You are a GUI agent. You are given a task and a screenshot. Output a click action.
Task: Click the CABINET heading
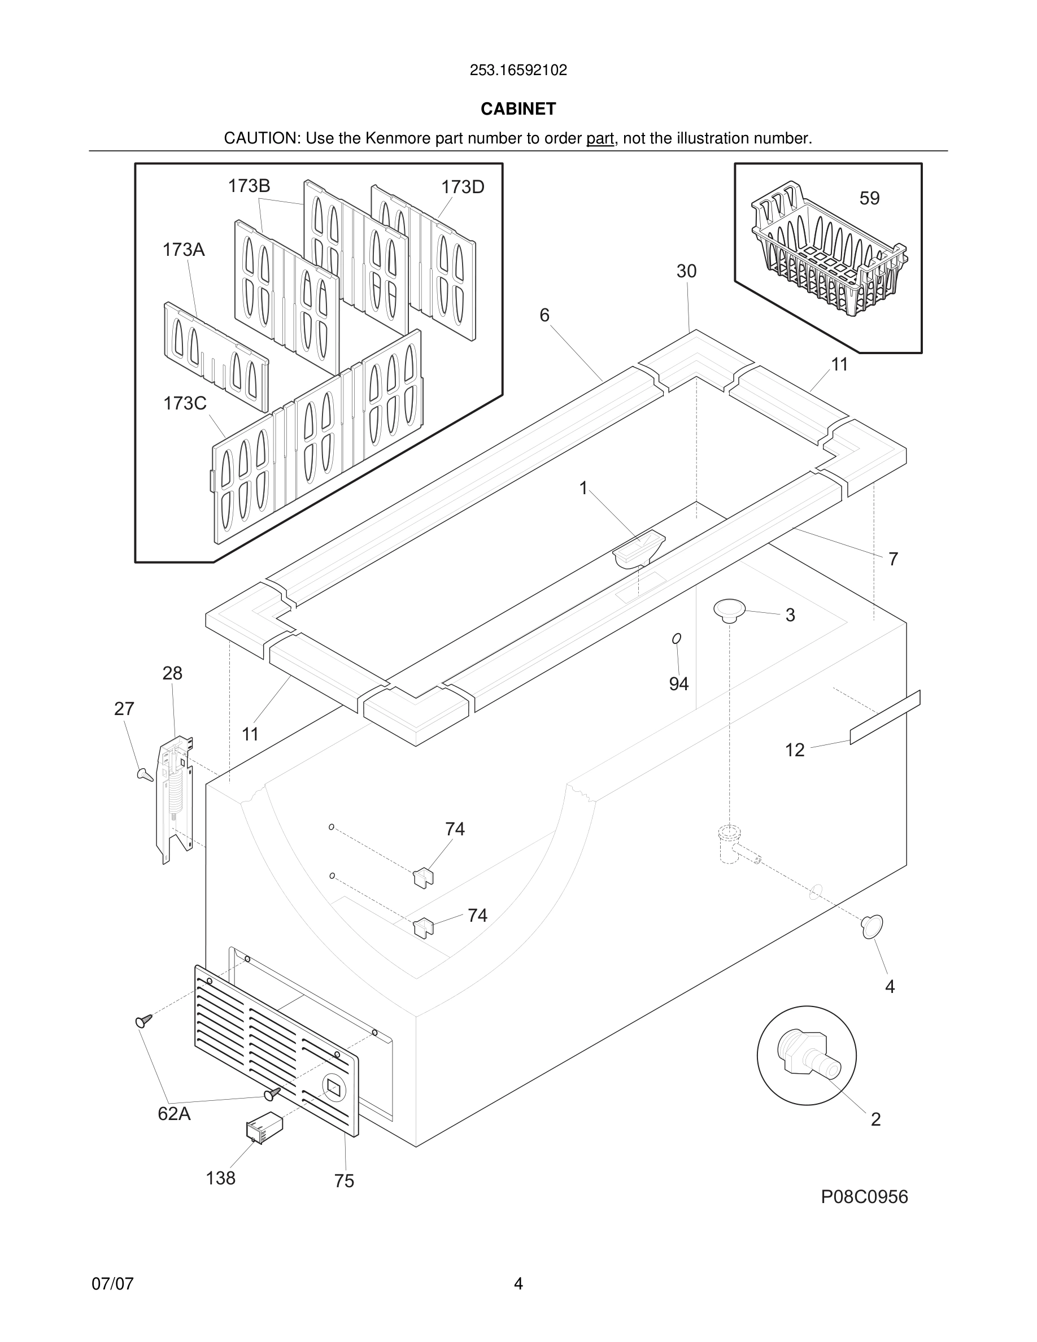tap(518, 109)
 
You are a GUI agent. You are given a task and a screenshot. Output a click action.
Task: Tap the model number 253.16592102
tap(518, 71)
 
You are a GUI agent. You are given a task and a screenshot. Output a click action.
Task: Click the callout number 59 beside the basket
tap(869, 198)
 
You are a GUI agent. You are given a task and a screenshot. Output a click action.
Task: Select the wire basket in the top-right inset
tap(827, 252)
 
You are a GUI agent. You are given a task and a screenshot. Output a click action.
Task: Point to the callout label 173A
tap(184, 250)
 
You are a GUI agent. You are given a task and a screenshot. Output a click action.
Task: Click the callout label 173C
tap(185, 404)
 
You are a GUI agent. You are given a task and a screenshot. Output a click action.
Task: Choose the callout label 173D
tap(463, 188)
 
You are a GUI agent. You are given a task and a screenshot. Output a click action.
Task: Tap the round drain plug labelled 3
tap(729, 610)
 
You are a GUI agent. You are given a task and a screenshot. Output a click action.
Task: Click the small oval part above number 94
tap(677, 639)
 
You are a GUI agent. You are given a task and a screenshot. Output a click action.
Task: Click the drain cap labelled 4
tap(872, 927)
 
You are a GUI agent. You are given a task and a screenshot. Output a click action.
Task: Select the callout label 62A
tap(174, 1113)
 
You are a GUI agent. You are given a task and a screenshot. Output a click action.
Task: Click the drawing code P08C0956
tap(864, 1197)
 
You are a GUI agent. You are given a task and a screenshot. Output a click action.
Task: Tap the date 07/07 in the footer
tap(112, 1284)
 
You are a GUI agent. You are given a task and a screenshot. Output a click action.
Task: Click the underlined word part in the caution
tap(600, 139)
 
